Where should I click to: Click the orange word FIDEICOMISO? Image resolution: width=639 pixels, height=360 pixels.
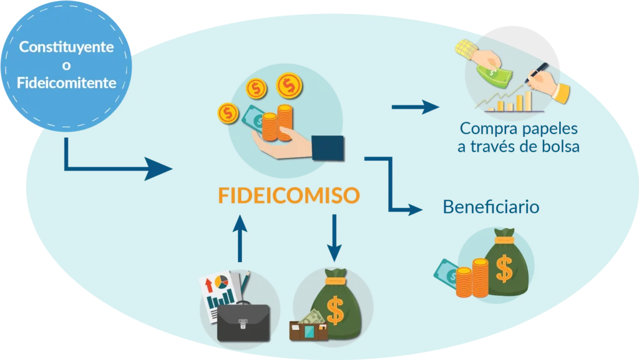[289, 195]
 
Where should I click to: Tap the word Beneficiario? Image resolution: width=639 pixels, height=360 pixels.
[491, 207]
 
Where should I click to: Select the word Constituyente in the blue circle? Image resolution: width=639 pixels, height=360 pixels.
[66, 47]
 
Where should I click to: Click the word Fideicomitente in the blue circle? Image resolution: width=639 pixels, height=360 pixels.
[66, 83]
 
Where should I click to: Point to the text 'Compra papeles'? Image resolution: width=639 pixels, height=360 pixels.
[519, 129]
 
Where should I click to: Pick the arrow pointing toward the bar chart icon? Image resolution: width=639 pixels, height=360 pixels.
[415, 107]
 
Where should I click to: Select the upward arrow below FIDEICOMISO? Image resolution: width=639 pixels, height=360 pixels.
[240, 238]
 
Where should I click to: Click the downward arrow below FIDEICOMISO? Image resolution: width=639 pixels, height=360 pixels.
[334, 238]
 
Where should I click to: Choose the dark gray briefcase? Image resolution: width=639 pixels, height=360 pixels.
[243, 321]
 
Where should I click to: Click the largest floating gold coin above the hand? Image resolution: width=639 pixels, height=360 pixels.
[289, 85]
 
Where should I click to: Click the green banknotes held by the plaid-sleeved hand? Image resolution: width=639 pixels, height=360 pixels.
[494, 75]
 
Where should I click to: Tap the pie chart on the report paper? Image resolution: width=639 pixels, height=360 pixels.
[222, 282]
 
